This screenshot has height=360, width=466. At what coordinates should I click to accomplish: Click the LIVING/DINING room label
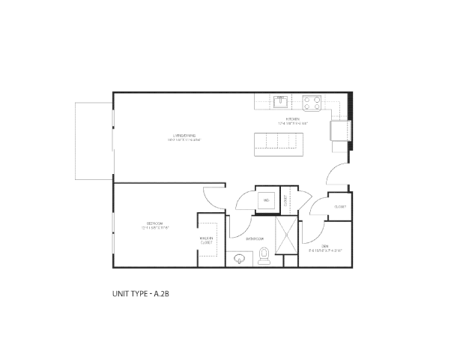[184, 136]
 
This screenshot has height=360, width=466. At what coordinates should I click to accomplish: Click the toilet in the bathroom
[264, 256]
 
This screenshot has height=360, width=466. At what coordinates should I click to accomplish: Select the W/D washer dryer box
[267, 200]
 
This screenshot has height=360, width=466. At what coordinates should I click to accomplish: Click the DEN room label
[324, 248]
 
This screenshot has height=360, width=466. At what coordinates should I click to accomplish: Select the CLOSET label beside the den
[339, 206]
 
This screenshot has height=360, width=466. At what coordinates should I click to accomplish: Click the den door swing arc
[315, 212]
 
